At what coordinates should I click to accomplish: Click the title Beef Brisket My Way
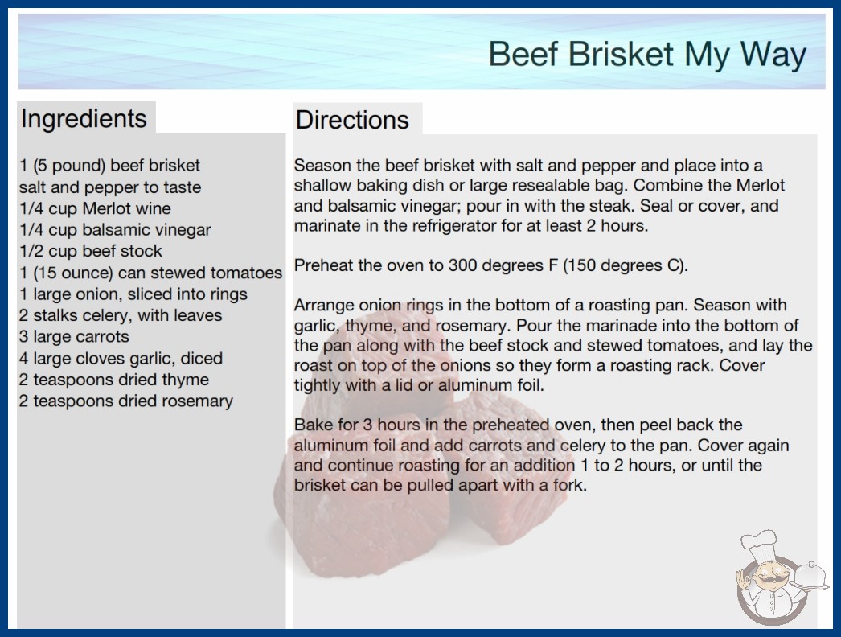click(x=647, y=54)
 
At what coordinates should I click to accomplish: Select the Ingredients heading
click(x=84, y=119)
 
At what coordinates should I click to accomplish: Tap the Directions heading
click(x=352, y=120)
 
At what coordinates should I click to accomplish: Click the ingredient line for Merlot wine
click(x=95, y=208)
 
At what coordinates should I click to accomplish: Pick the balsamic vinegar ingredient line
click(x=115, y=230)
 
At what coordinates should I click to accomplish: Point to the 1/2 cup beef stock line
click(x=91, y=251)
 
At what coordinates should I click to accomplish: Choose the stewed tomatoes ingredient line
click(x=150, y=273)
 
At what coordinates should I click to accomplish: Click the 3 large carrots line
click(x=74, y=336)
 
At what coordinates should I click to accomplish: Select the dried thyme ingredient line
click(x=113, y=380)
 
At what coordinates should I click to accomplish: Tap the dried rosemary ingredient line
click(x=126, y=401)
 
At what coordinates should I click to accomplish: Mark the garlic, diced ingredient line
click(x=121, y=358)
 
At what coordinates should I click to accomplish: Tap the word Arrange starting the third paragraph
click(x=323, y=306)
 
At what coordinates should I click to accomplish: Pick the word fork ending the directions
click(x=569, y=485)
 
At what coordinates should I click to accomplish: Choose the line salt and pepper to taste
click(x=110, y=187)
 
